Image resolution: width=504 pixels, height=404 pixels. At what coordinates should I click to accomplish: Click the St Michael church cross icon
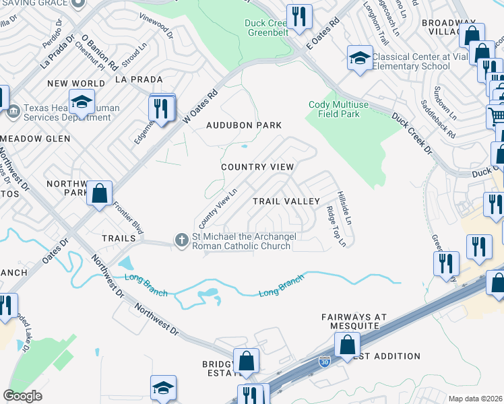[x=181, y=240]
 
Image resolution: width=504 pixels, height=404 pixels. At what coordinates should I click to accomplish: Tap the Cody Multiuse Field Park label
[x=344, y=109]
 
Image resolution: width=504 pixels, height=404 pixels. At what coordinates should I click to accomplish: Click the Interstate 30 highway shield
[x=325, y=364]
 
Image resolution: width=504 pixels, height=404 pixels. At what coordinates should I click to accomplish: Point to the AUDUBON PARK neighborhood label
[x=243, y=126]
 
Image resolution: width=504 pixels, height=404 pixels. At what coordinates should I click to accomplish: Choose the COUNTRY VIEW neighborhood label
[x=257, y=167]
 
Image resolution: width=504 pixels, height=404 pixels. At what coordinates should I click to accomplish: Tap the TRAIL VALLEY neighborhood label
[x=286, y=201]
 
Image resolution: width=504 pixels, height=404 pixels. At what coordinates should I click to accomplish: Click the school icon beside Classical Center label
[x=360, y=57]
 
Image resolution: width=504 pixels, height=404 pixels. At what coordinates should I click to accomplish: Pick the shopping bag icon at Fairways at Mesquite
[x=347, y=345]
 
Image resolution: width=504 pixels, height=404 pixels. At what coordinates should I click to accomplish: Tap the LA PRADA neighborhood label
[x=139, y=79]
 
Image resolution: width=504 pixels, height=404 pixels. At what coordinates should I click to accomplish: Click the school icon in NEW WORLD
[x=81, y=104]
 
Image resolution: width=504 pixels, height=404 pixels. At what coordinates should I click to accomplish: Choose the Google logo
[x=22, y=395]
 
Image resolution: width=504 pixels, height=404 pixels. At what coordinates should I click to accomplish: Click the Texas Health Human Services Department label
[x=67, y=112]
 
